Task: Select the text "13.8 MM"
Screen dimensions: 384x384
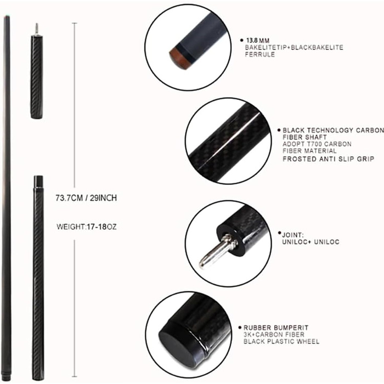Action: (x=258, y=41)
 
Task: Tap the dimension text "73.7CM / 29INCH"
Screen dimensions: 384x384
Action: (x=86, y=198)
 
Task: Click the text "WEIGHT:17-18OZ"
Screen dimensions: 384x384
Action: (x=87, y=227)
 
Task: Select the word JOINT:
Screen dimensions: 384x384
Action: (x=293, y=235)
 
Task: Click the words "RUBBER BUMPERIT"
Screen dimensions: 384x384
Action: (x=276, y=327)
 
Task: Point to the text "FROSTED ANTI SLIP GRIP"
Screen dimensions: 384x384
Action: (x=329, y=159)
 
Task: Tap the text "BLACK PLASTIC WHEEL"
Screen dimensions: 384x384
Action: (x=281, y=341)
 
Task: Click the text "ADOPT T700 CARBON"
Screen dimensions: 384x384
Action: (x=317, y=144)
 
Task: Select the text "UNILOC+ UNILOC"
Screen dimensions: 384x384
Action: (x=311, y=242)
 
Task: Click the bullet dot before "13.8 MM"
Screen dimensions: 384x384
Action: (x=242, y=40)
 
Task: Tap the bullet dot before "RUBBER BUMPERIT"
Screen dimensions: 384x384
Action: (x=240, y=327)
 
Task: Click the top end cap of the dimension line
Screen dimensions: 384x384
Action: (x=75, y=23)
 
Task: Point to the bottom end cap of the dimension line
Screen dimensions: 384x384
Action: (x=75, y=376)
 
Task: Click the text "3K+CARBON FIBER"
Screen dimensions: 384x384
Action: (x=274, y=335)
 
